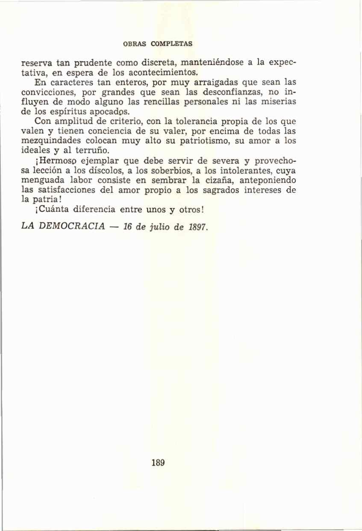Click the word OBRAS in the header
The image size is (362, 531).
[134, 44]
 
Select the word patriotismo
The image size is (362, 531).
[200, 140]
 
